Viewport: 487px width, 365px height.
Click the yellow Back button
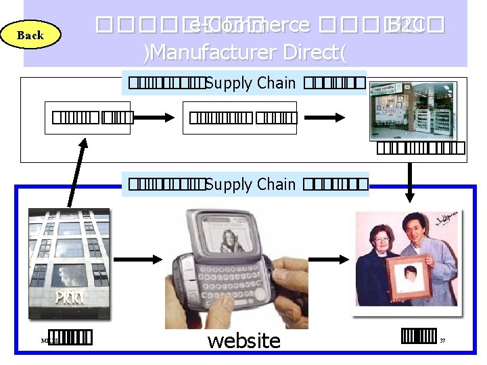coord(30,35)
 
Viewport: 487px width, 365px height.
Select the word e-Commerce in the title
coord(248,26)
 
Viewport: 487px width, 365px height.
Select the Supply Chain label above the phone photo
coord(250,185)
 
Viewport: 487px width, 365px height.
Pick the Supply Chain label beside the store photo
coord(250,84)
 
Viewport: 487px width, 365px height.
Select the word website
coord(243,340)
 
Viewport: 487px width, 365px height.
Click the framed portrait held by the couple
coord(407,277)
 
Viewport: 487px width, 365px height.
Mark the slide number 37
coord(442,341)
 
